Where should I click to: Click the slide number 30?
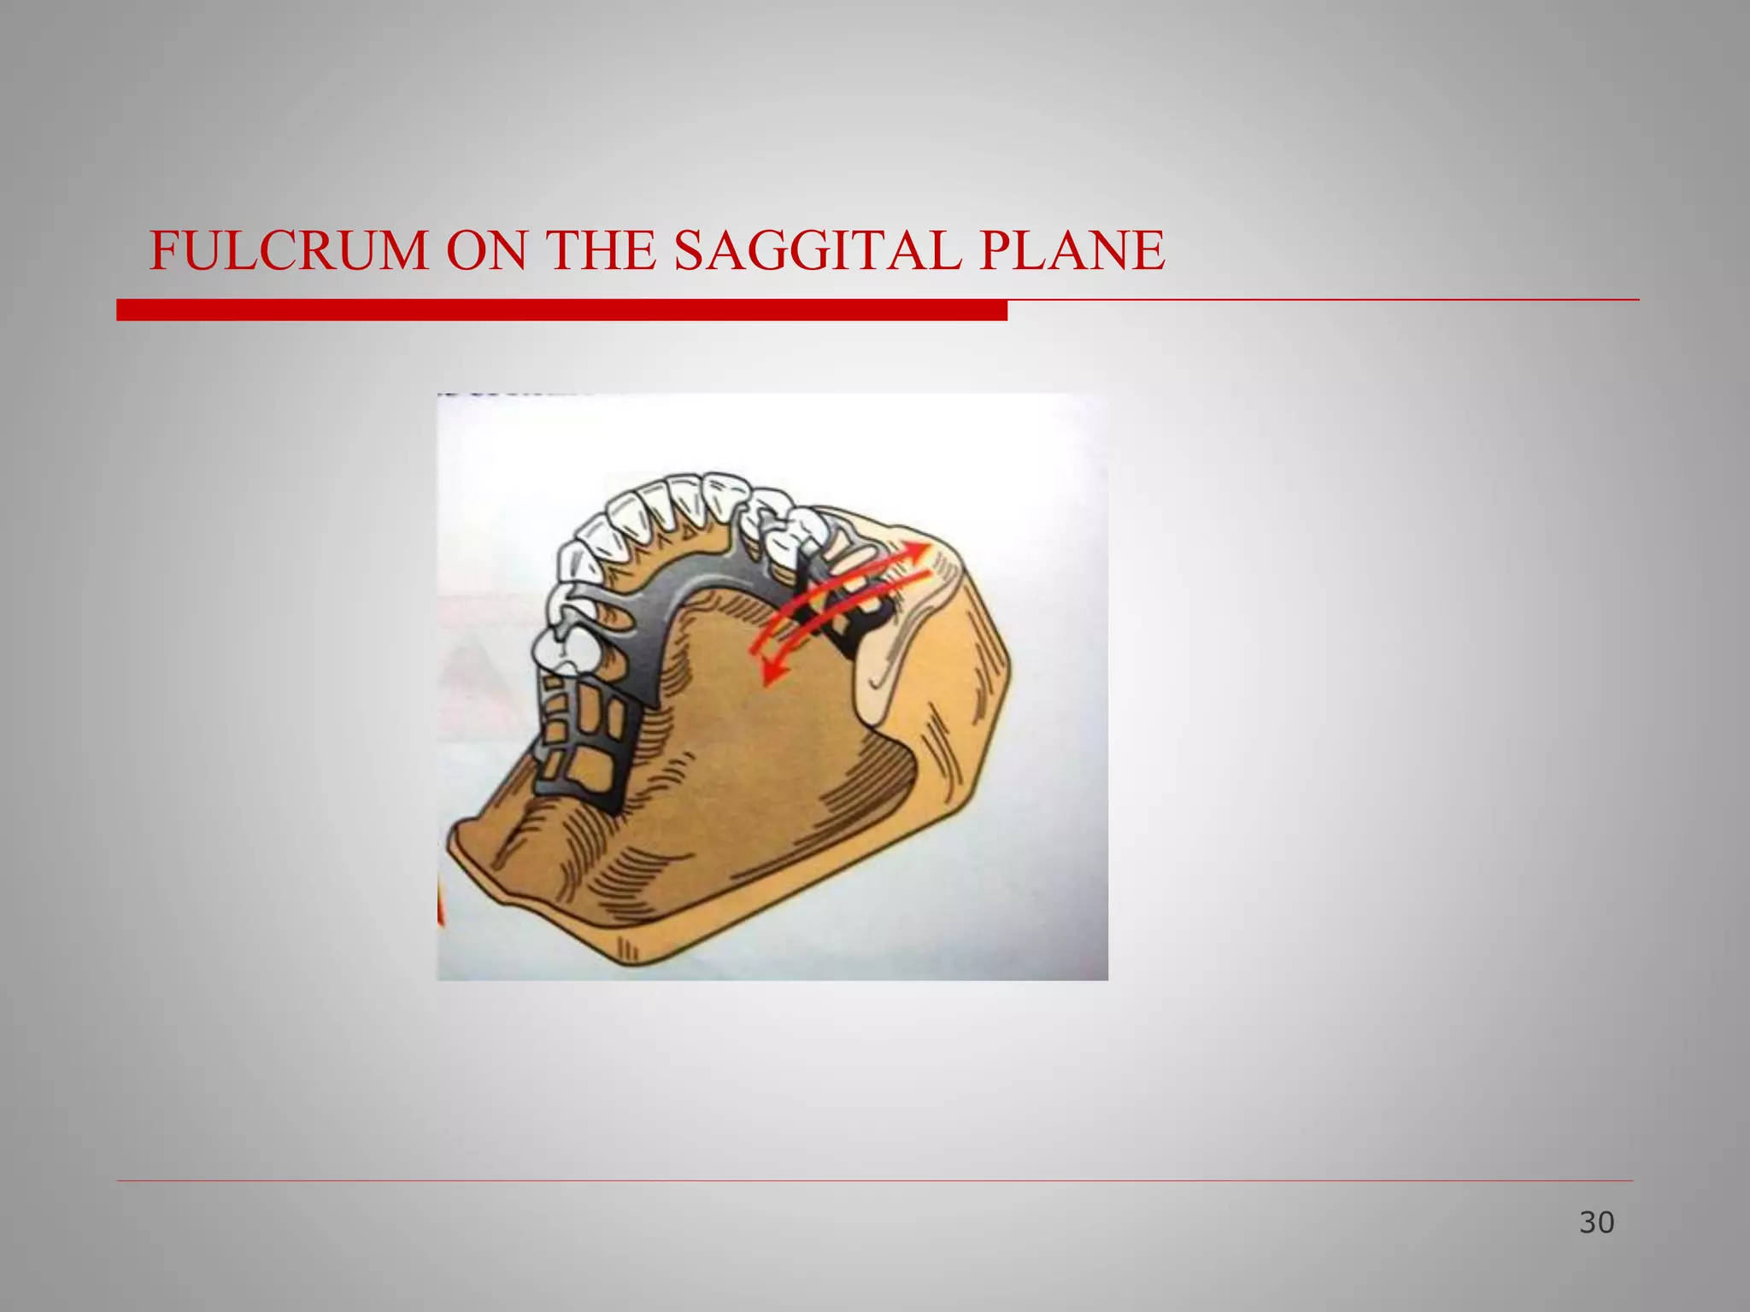point(1596,1222)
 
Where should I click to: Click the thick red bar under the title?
point(561,310)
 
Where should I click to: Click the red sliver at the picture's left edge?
point(441,907)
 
